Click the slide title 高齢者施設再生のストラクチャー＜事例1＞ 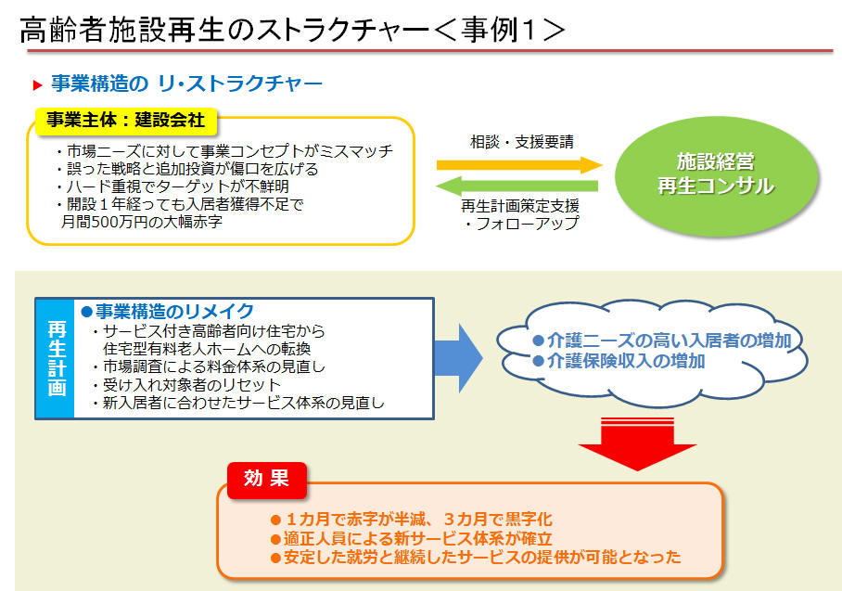[293, 29]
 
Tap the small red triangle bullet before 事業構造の [38, 84]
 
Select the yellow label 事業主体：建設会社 [126, 120]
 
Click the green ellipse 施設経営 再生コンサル [716, 175]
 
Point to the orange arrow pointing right [519, 165]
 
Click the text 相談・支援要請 [522, 142]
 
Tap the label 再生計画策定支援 [520, 206]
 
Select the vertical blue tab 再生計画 [56, 358]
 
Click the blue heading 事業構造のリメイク [168, 311]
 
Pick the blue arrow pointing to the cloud [458, 358]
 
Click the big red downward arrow [637, 443]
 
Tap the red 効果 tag [267, 479]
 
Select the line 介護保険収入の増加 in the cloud [619, 361]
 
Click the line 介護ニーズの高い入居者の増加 [662, 340]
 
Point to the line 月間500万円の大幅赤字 [142, 222]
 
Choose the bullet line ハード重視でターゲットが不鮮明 [172, 186]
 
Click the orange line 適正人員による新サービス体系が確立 [412, 538]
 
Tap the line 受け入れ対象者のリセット [185, 385]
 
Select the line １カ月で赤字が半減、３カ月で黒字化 [412, 520]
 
